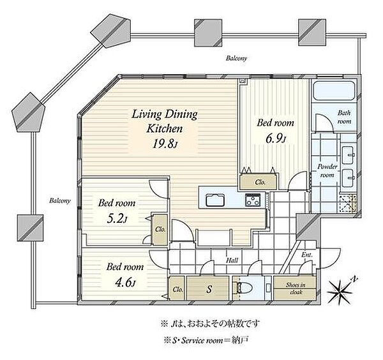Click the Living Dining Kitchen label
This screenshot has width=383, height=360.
(165, 121)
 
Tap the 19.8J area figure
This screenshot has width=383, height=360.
(165, 144)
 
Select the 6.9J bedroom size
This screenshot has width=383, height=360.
(276, 139)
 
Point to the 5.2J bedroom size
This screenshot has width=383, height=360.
(117, 218)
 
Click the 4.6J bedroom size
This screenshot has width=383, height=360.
(125, 283)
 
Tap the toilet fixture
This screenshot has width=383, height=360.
(244, 288)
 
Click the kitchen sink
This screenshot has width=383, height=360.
(215, 200)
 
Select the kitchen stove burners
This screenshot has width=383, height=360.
(253, 200)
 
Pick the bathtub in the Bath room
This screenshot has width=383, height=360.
(334, 91)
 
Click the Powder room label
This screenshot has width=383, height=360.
(327, 171)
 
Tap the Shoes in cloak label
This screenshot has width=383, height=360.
(296, 289)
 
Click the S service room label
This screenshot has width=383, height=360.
(209, 289)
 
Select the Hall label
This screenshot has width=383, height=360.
(232, 260)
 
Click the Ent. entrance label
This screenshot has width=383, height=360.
(307, 255)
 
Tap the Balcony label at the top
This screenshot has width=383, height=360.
(236, 58)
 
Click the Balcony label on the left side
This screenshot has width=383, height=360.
(60, 201)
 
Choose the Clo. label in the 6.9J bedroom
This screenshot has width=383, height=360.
(260, 182)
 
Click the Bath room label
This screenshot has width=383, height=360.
(345, 117)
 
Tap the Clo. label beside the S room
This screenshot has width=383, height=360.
(178, 290)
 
